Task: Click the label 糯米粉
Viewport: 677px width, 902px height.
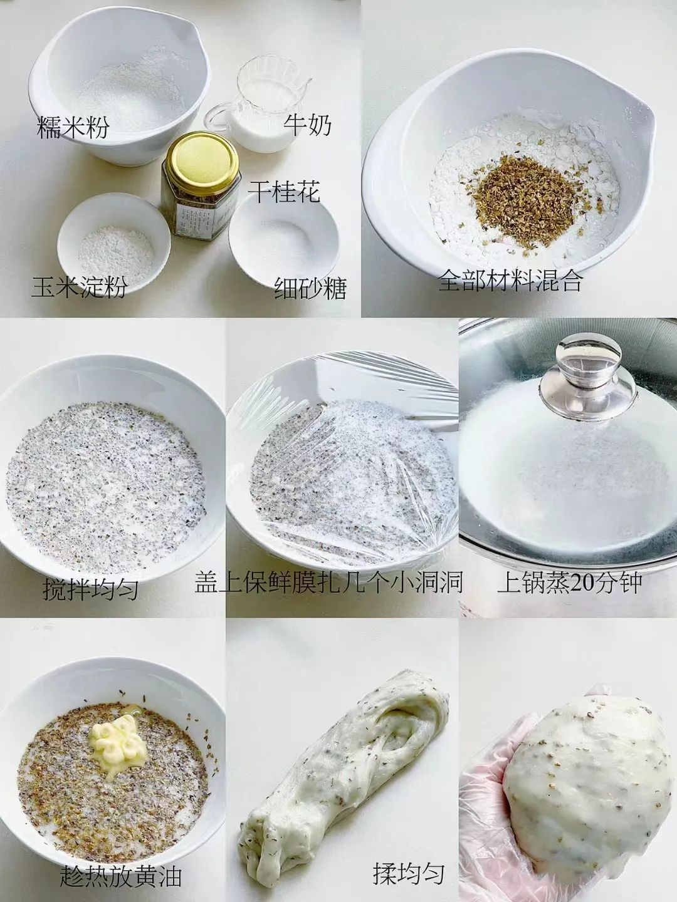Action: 73,127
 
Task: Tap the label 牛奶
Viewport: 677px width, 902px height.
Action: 307,125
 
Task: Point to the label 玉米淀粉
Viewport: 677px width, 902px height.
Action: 80,286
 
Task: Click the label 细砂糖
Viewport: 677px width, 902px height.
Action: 310,288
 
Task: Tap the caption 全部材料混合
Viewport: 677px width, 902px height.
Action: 510,281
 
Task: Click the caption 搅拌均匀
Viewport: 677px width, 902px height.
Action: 90,589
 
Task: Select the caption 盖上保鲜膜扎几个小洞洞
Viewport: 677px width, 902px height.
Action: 329,582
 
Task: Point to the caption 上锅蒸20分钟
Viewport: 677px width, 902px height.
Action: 569,582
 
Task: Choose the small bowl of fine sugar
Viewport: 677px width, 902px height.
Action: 283,236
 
